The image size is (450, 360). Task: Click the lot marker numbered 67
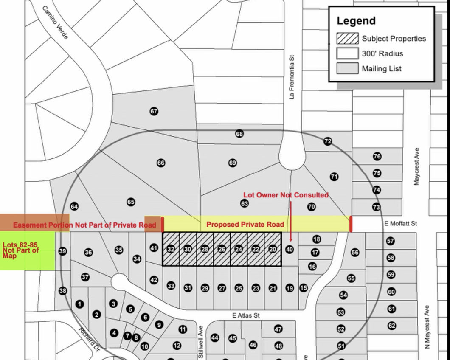(154, 112)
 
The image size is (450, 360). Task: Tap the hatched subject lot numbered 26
(222, 249)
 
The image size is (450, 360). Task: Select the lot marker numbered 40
(290, 249)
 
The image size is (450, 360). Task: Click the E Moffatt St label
(401, 223)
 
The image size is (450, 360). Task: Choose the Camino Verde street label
(55, 23)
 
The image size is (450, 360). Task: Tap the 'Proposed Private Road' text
(245, 224)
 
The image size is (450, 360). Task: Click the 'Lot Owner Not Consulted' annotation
(286, 195)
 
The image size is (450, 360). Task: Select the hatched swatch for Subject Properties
(347, 39)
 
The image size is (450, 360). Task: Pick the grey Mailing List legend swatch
(347, 68)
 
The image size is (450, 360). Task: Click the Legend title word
(356, 21)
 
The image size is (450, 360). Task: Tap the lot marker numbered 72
(328, 141)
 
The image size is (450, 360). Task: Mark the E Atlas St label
(246, 316)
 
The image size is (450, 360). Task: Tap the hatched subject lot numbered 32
(171, 249)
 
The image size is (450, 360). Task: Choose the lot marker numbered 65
(131, 202)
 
